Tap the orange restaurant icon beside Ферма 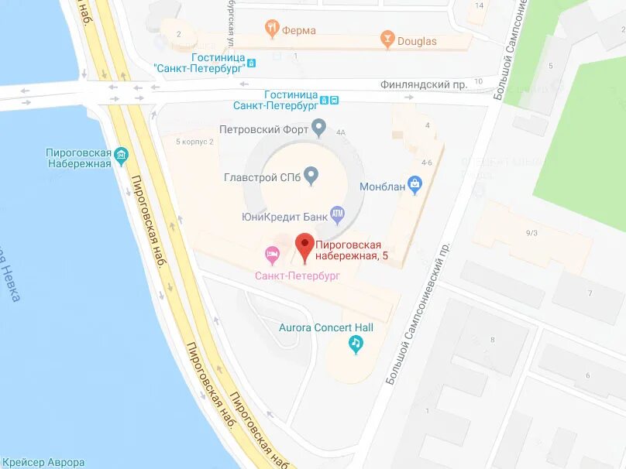point(271,29)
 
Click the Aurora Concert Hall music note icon point(356,344)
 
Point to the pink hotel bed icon point(273,253)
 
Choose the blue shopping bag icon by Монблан point(414,183)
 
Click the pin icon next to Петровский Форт point(318,127)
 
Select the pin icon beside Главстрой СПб point(311,176)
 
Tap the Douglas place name point(417,41)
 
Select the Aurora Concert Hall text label point(326,327)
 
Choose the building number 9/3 point(531,233)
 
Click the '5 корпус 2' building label point(194,142)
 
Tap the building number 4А point(340,131)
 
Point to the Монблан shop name point(383,187)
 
